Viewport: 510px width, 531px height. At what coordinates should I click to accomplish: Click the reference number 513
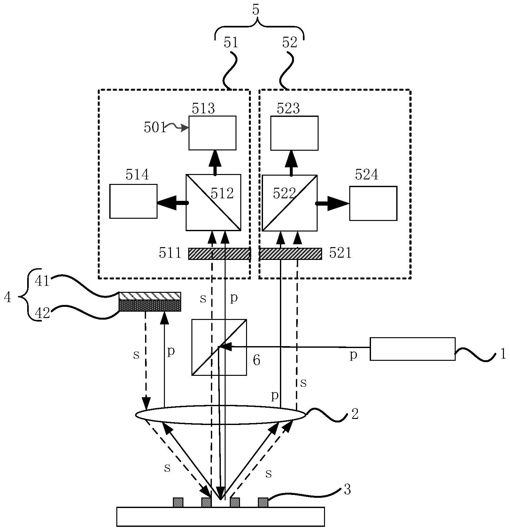[x=203, y=109]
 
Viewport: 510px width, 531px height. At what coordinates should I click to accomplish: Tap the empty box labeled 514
[x=133, y=201]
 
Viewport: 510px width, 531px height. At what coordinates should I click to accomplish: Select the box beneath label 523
[x=294, y=133]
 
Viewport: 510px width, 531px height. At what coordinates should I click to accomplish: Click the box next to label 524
[x=373, y=203]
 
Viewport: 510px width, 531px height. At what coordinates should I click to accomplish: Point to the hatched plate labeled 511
[x=219, y=254]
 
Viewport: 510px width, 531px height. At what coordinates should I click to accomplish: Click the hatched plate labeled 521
[x=290, y=254]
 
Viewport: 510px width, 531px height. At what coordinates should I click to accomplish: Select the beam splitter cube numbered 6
[x=219, y=347]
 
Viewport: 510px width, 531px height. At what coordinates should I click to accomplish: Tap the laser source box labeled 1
[x=413, y=349]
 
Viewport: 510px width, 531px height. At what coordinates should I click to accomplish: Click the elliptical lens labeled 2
[x=220, y=415]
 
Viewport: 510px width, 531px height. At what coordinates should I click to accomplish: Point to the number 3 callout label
[x=347, y=489]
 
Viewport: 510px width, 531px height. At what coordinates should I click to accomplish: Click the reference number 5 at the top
[x=256, y=10]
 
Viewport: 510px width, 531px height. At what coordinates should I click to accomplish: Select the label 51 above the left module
[x=231, y=42]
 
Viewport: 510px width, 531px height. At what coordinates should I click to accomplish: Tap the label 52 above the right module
[x=290, y=42]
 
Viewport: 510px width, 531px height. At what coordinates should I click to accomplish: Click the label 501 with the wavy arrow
[x=155, y=128]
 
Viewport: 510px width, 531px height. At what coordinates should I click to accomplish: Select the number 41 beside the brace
[x=42, y=281]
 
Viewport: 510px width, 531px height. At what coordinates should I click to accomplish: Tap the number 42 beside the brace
[x=42, y=313]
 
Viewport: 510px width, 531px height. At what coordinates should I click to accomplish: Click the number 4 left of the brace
[x=8, y=298]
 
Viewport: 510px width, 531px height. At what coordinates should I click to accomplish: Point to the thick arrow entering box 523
[x=291, y=162]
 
